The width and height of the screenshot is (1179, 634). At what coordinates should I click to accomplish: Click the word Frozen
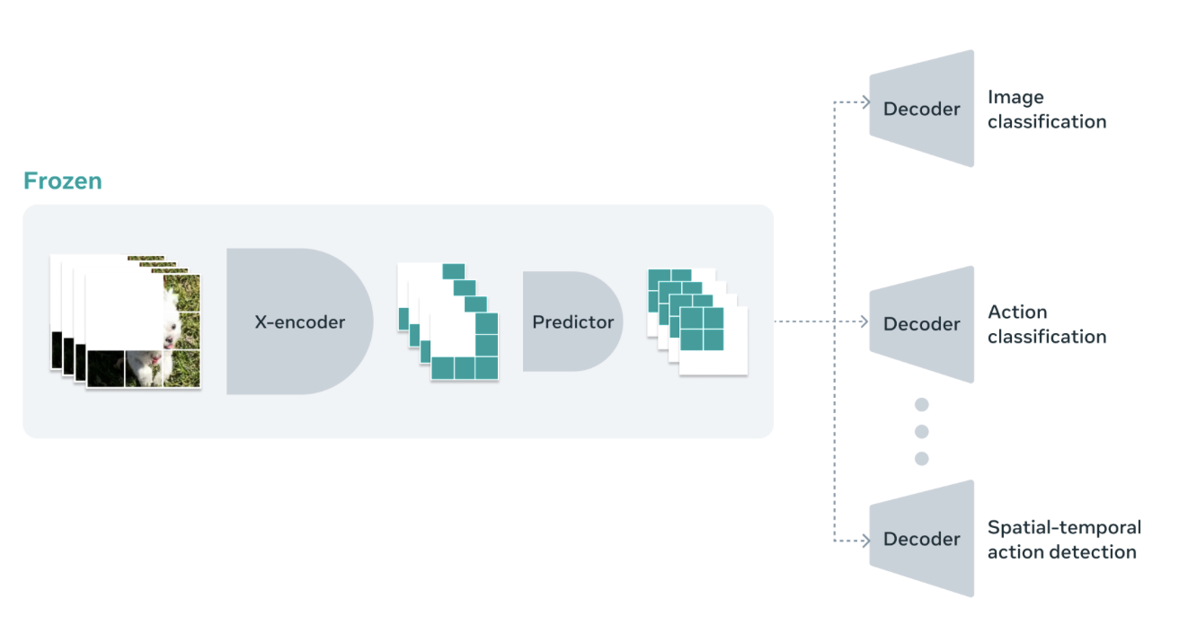[x=62, y=181]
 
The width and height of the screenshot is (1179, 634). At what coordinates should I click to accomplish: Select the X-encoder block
[x=299, y=321]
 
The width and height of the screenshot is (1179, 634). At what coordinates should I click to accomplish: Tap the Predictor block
[x=572, y=321]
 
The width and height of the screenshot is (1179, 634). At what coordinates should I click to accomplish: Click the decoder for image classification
[x=922, y=109]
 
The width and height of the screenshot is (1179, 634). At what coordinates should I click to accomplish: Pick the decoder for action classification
[x=922, y=324]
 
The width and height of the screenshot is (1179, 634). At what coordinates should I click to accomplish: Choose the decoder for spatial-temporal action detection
[x=922, y=539]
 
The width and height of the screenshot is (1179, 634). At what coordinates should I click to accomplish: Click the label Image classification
[x=1046, y=110]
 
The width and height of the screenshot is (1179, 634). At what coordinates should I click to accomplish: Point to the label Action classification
[x=1046, y=324]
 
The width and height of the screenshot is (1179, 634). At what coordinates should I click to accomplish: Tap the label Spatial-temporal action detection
[x=1063, y=540]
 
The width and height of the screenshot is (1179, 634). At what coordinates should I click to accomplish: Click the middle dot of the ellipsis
[x=921, y=432]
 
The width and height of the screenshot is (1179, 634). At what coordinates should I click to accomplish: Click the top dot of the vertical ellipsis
[x=921, y=405]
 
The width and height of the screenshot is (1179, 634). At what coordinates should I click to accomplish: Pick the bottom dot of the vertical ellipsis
[x=921, y=459]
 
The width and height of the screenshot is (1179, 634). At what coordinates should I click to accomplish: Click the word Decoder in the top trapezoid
[x=922, y=109]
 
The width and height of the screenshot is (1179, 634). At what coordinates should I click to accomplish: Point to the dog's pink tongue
[x=155, y=359]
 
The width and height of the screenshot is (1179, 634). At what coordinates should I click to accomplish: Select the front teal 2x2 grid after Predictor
[x=702, y=329]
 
